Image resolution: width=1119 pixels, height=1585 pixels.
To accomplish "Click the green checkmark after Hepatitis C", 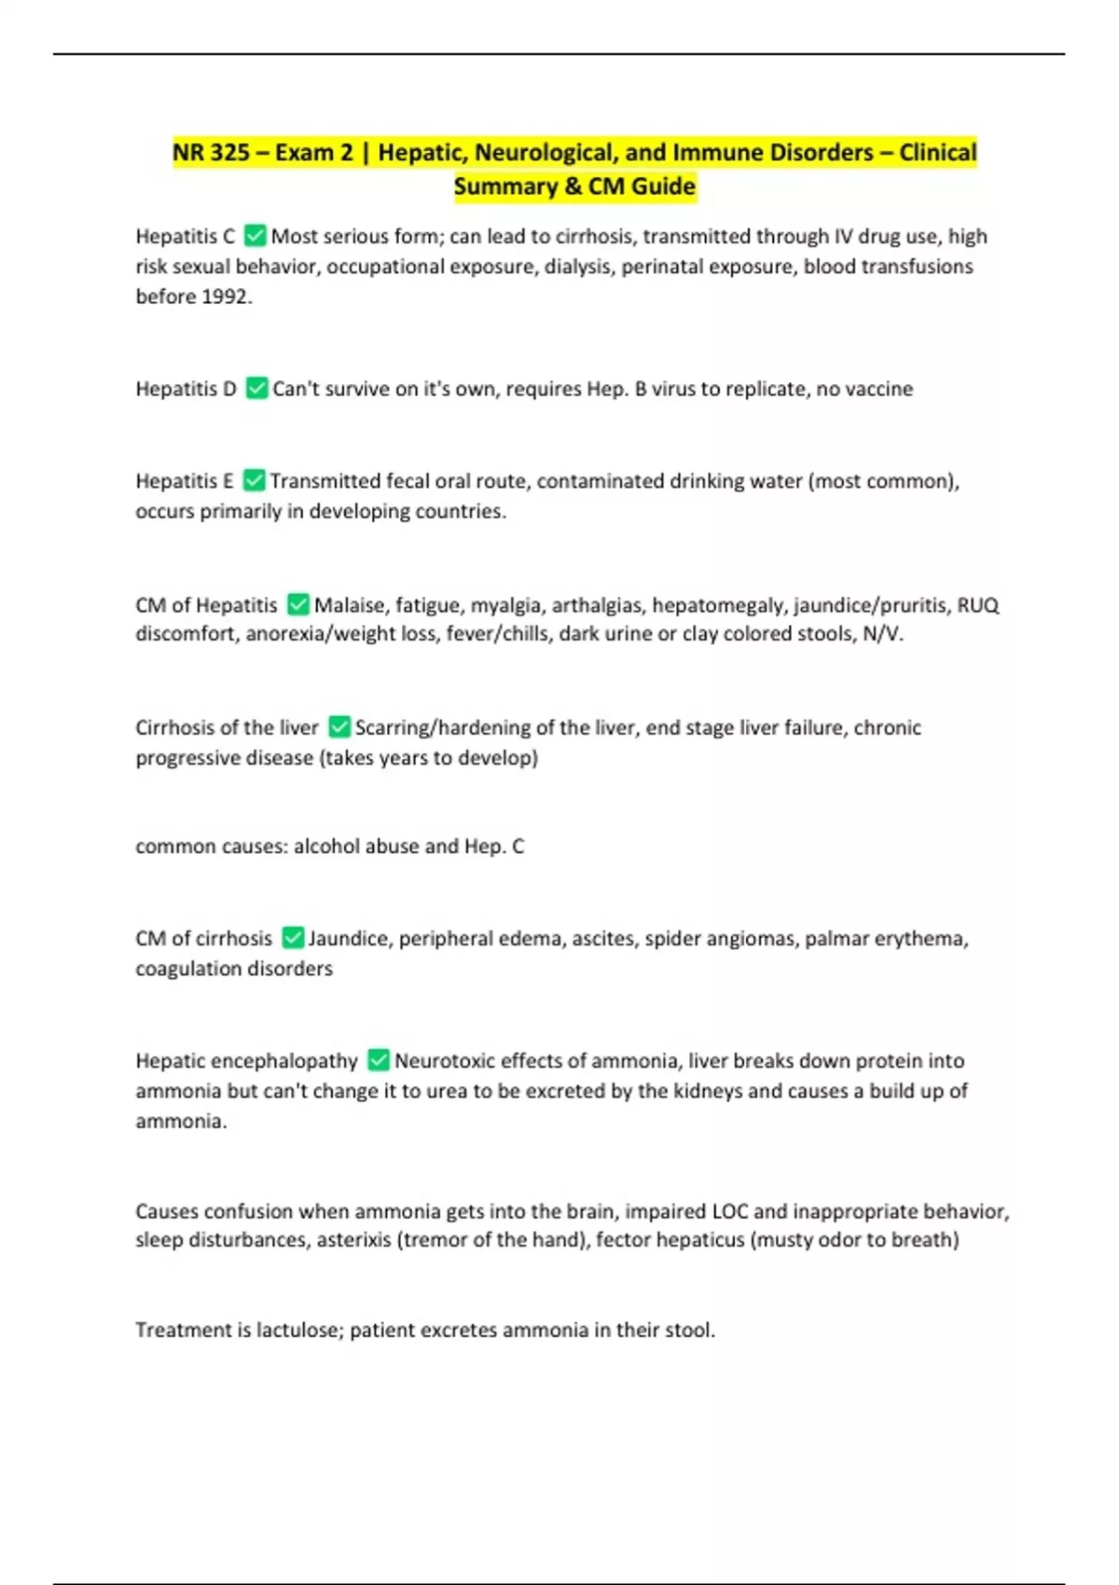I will click(x=255, y=236).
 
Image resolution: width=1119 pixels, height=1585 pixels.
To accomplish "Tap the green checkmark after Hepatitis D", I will click(x=256, y=388).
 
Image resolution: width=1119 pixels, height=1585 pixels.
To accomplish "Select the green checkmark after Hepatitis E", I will click(x=254, y=480).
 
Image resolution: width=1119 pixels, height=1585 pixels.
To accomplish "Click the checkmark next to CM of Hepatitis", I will click(x=297, y=605).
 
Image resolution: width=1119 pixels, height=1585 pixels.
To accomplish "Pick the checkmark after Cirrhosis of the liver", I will click(x=339, y=727).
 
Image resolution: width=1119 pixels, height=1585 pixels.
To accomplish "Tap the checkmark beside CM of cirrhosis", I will click(x=293, y=938).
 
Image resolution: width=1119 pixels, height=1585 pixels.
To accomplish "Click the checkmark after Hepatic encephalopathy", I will click(x=378, y=1060).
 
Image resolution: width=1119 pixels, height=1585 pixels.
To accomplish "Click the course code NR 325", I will click(x=210, y=152).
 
